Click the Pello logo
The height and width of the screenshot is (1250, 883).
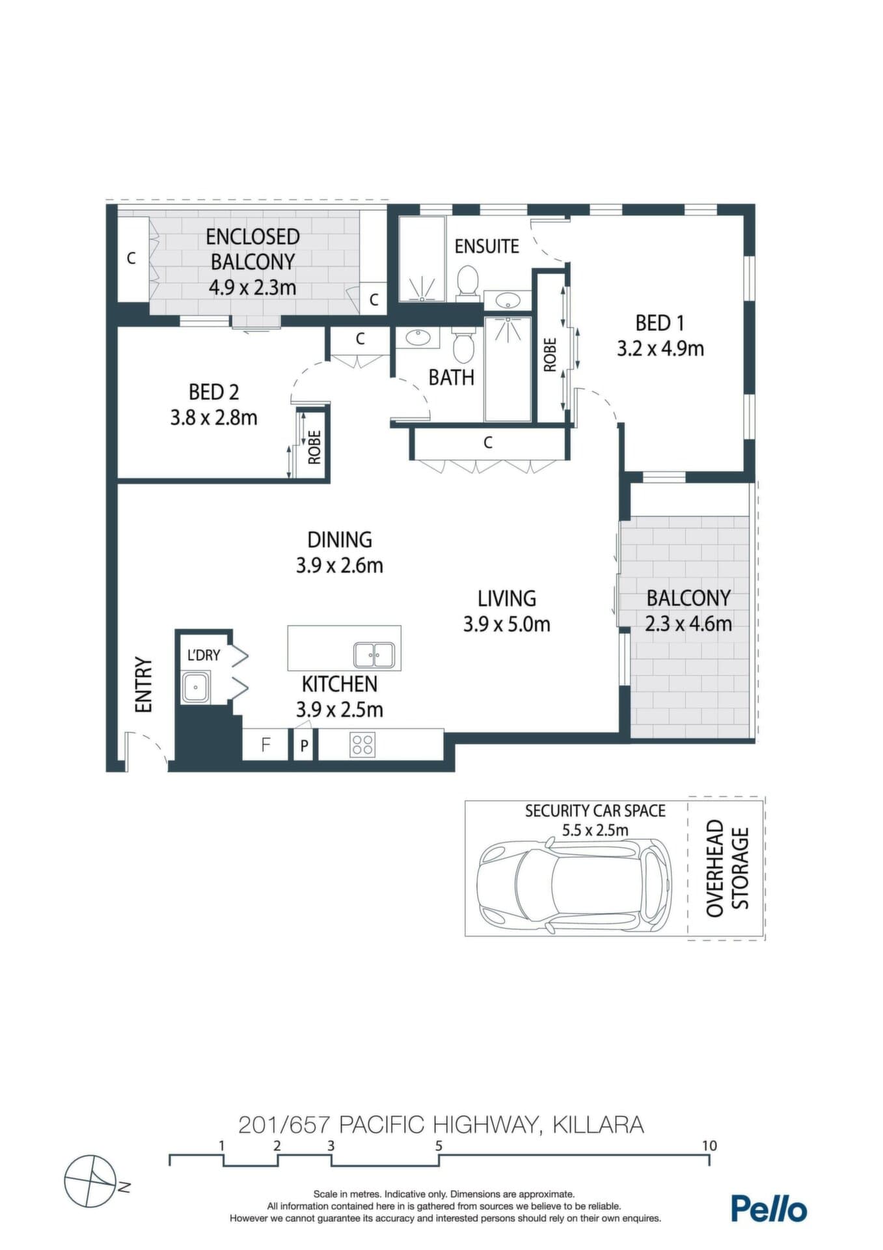769,1208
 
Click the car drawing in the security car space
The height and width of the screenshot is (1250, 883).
573,886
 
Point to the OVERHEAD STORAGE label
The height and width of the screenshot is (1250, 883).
727,868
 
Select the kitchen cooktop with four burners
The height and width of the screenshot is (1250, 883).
362,744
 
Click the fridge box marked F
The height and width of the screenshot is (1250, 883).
265,744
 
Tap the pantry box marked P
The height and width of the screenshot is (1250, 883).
304,745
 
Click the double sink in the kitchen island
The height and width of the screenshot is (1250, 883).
374,655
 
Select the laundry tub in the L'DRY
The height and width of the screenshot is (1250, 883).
195,687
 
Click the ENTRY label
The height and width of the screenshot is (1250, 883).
143,685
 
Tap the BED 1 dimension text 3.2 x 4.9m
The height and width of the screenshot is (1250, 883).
660,348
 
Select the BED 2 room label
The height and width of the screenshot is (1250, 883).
214,392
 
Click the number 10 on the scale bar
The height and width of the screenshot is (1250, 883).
709,1145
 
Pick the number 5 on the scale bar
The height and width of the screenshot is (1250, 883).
439,1145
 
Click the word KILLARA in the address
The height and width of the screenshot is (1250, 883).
598,1124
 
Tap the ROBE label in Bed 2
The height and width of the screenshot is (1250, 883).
314,447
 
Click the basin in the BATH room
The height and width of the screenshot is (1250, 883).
416,337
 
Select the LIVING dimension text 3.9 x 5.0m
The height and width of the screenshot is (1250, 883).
507,624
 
